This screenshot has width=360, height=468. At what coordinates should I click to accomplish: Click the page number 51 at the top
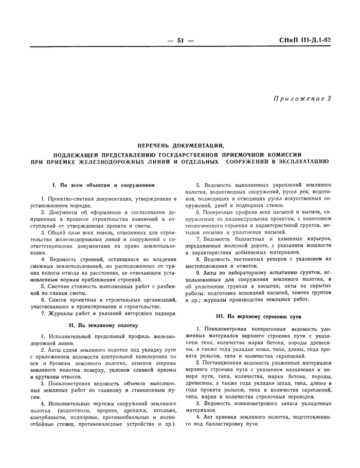pyautogui.click(x=181, y=40)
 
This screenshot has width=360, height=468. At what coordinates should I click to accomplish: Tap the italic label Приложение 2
pyautogui.click(x=302, y=98)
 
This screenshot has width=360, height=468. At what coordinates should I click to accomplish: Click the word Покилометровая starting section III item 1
pyautogui.click(x=226, y=329)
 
